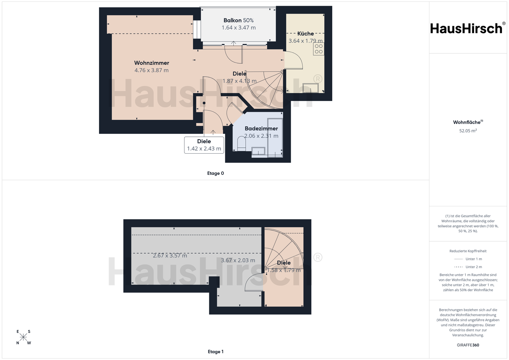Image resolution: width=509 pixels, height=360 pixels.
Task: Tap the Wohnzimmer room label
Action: [152, 63]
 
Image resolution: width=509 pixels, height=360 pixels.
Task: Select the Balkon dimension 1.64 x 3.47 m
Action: [239, 28]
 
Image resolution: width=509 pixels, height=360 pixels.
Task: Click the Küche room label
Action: [306, 34]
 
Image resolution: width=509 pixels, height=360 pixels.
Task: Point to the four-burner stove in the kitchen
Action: [318, 49]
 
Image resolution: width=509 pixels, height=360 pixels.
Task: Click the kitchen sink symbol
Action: [311, 88]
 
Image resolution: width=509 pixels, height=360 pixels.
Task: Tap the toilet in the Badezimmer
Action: [241, 144]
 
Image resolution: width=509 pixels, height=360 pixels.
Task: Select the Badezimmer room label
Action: [261, 129]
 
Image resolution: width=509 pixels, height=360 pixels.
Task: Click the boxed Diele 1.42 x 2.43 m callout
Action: [204, 145]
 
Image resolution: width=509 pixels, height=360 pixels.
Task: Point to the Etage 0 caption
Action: [215, 173]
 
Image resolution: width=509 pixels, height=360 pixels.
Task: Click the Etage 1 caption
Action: [215, 352]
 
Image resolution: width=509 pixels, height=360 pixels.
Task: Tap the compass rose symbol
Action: [23, 337]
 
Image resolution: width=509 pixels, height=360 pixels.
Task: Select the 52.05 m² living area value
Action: [468, 131]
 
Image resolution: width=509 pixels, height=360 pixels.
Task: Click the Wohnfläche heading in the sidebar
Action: [468, 122]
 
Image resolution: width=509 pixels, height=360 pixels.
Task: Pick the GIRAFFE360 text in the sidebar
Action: [468, 345]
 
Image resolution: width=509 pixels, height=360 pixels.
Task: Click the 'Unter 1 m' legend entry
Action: [468, 259]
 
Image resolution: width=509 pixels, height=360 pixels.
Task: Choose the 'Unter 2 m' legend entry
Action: [468, 267]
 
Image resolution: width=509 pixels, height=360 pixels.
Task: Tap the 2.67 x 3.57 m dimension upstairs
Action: [170, 256]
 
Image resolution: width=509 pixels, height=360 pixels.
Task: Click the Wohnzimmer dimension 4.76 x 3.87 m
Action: [152, 70]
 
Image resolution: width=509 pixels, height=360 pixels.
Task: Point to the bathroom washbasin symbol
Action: [258, 151]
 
